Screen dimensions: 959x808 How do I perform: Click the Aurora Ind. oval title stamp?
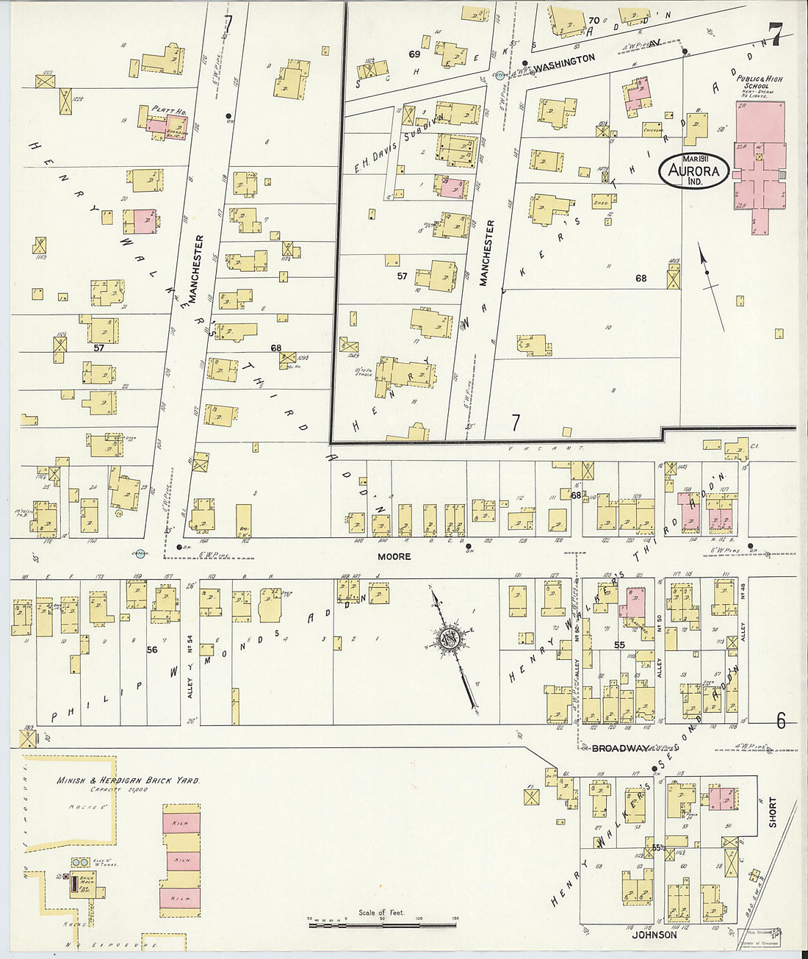click(x=694, y=171)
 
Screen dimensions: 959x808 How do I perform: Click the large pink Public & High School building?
click(x=760, y=158)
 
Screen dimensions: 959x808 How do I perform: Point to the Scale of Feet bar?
click(x=383, y=922)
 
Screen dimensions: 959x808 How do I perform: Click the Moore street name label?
click(x=394, y=556)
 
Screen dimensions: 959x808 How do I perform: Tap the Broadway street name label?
click(x=619, y=748)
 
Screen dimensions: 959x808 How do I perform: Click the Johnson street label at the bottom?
click(x=654, y=935)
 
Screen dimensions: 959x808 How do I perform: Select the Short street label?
click(x=772, y=813)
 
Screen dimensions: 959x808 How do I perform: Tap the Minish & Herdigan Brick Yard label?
click(x=128, y=780)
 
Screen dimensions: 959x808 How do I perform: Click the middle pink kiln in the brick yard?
click(x=181, y=858)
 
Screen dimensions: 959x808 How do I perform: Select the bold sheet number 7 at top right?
click(x=774, y=33)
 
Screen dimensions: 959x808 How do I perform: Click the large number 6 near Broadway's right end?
click(x=780, y=721)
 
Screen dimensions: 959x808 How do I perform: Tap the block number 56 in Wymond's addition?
click(x=152, y=650)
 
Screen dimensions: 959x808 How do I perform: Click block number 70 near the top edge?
click(x=594, y=21)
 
